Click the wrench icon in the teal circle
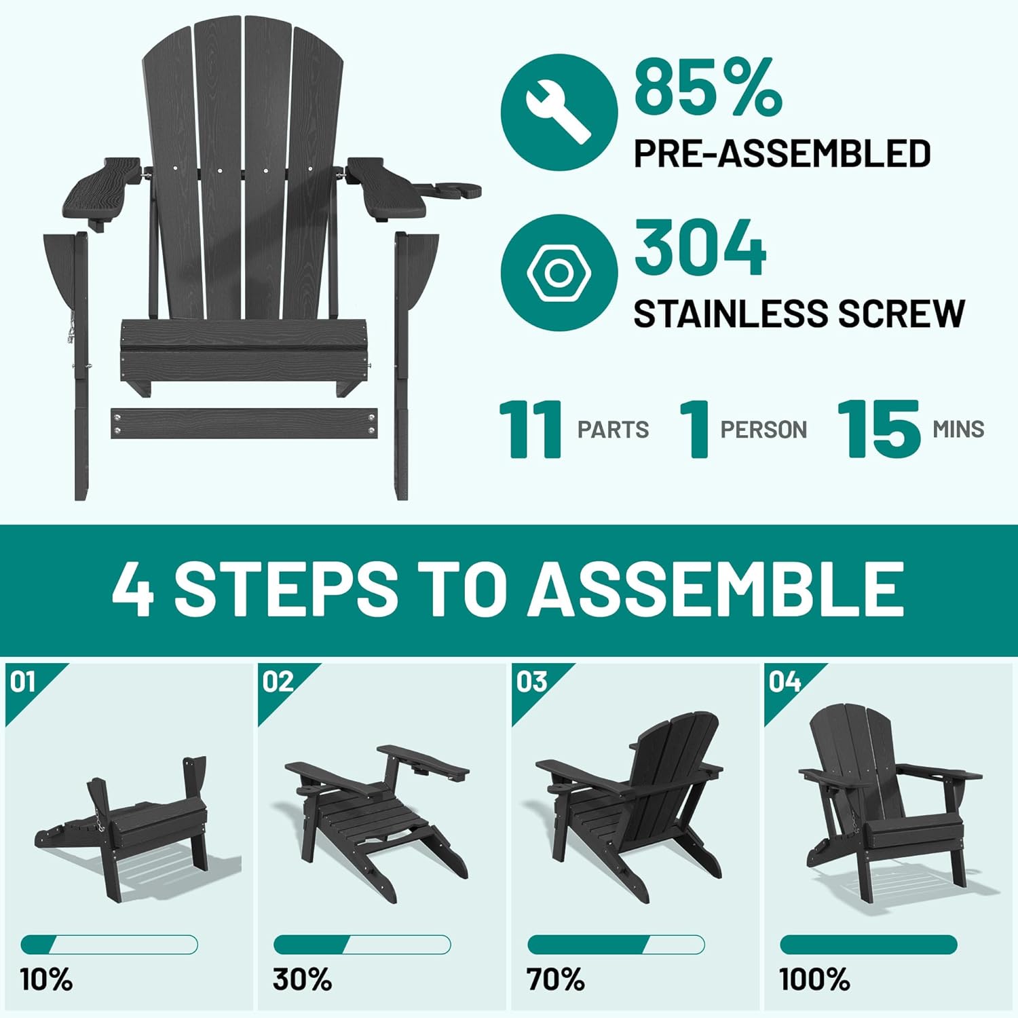point(558,112)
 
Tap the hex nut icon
point(559,274)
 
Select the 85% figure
point(708,86)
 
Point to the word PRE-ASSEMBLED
point(782,153)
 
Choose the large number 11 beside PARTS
point(531,429)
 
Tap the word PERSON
point(763,430)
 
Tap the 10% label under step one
point(46,979)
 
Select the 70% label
point(555,979)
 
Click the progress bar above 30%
point(362,944)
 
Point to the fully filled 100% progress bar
point(869,944)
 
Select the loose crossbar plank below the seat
point(244,423)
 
